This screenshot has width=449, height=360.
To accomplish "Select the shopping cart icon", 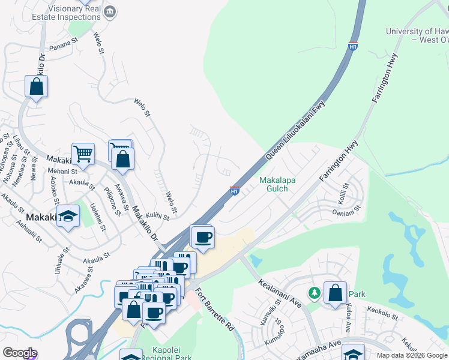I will [83, 154].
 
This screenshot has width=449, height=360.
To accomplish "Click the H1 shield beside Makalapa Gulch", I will [235, 191].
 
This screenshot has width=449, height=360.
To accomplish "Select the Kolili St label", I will [345, 193].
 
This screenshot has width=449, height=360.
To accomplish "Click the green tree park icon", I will [314, 293].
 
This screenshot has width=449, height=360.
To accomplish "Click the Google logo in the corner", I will [19, 353].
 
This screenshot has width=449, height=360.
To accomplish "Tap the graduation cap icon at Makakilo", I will [68, 217].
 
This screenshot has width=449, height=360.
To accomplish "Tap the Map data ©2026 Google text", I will [411, 355].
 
